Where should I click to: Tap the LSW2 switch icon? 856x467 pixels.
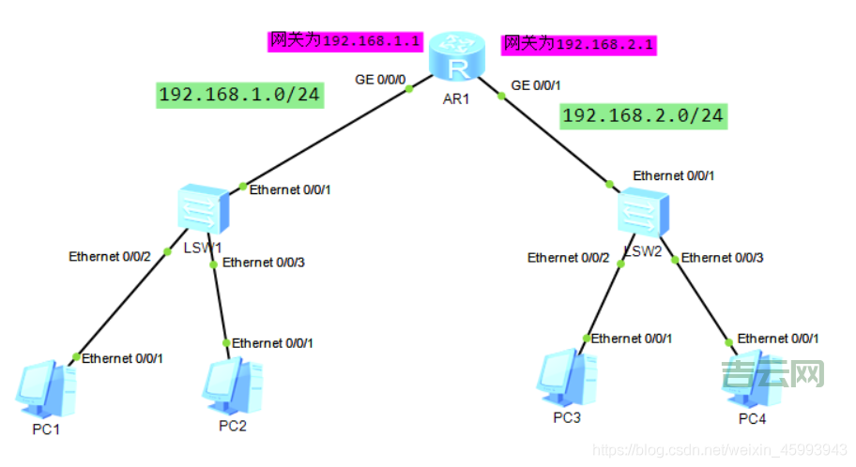point(643,212)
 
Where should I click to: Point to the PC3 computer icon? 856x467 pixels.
point(567,379)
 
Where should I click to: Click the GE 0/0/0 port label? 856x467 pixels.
point(380,80)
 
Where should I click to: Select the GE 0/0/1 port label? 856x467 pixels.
point(536,85)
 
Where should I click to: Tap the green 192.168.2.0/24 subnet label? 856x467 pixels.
point(643,115)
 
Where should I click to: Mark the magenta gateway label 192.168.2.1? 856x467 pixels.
point(578,43)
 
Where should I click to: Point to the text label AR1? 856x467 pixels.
point(456,98)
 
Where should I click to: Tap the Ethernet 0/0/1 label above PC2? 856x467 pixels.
point(273,343)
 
